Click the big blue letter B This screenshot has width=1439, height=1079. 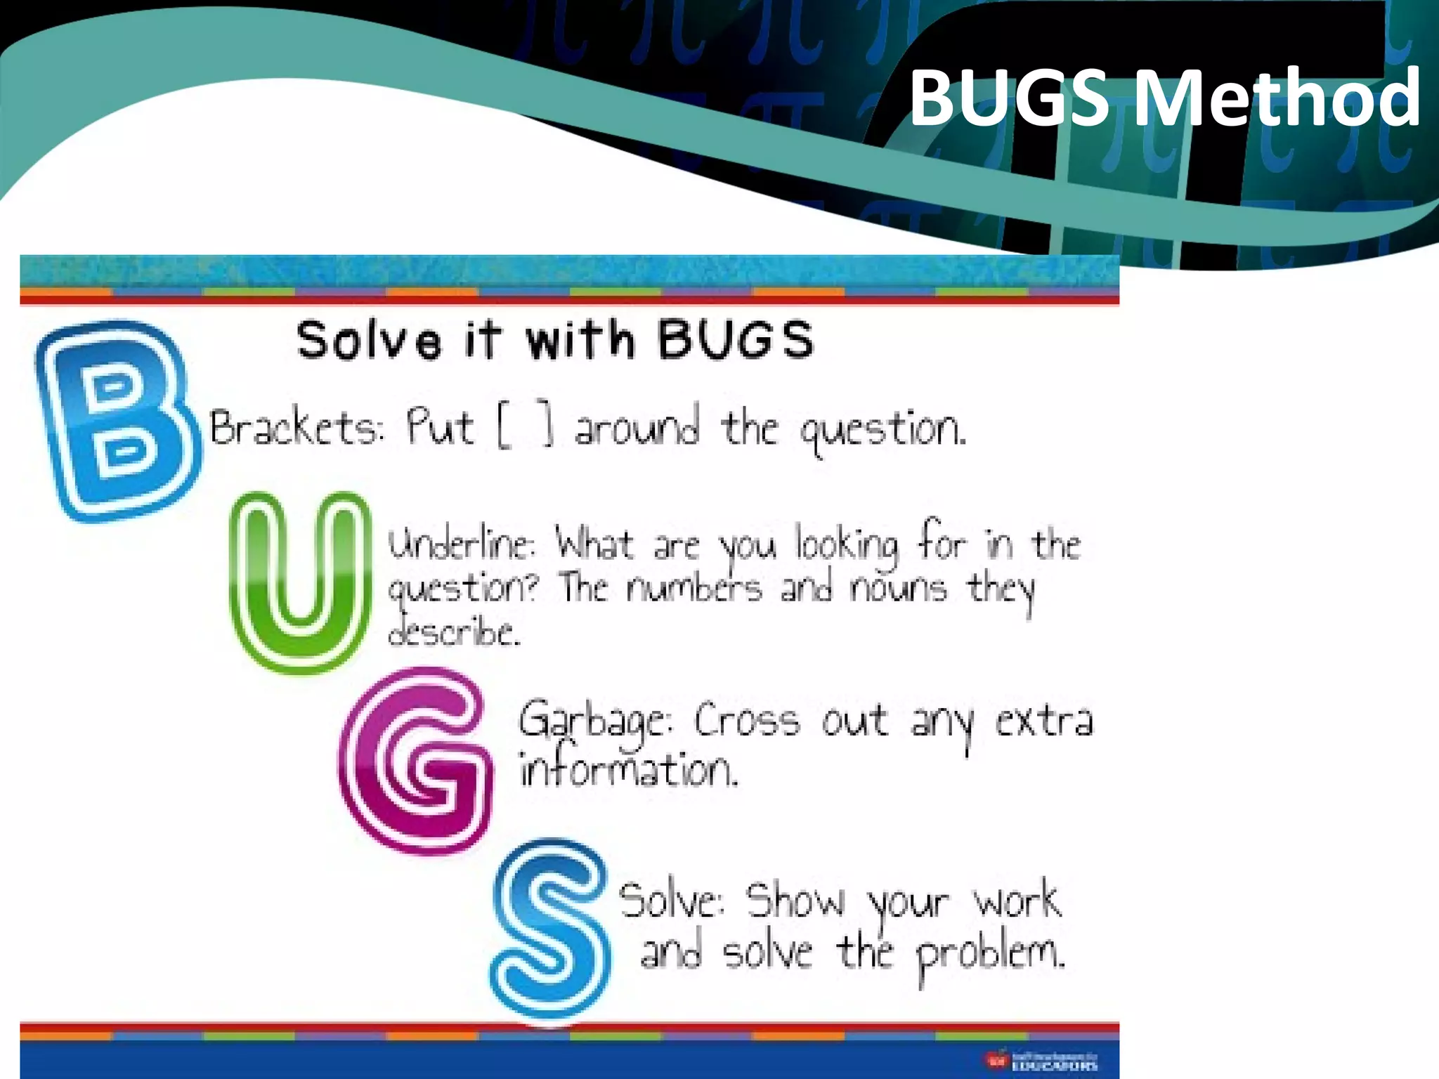click(x=116, y=421)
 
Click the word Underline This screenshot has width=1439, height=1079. click(x=461, y=545)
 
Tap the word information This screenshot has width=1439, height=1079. click(x=628, y=770)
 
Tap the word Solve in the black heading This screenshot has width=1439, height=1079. click(x=368, y=341)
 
